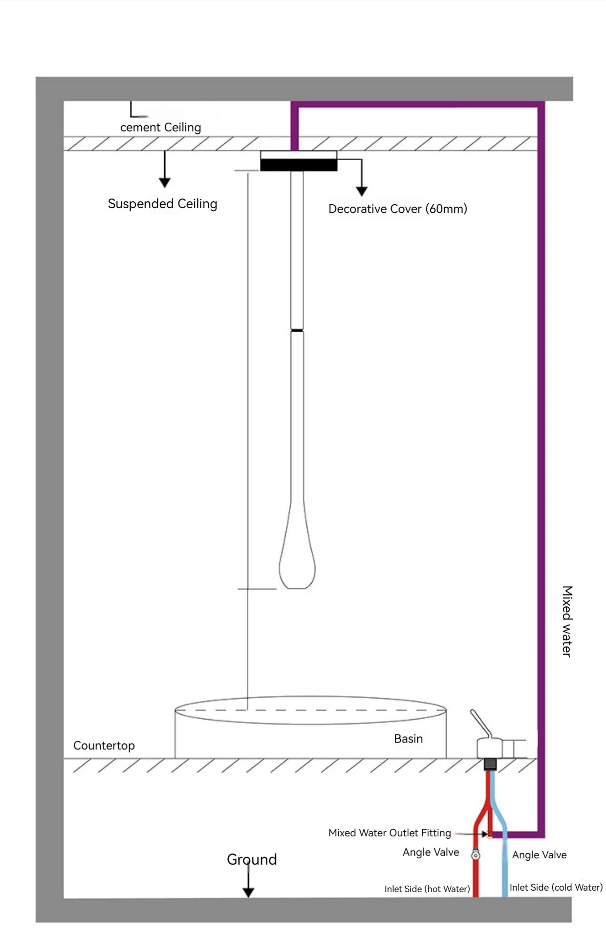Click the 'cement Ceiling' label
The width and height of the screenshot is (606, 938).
(160, 128)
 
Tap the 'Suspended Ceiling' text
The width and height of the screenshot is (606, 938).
(162, 204)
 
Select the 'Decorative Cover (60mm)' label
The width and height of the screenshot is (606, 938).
(397, 209)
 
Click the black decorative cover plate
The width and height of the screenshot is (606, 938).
(298, 165)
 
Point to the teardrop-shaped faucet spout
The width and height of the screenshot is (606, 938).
(297, 562)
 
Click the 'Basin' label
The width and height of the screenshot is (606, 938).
(408, 739)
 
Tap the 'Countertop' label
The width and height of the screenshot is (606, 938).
(104, 746)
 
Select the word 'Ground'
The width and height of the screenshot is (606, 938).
(252, 859)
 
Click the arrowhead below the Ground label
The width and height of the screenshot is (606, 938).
(248, 892)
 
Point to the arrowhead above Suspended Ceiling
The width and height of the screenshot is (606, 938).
(165, 183)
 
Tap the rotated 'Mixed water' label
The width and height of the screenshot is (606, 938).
(566, 621)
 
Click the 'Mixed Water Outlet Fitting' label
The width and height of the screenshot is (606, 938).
(390, 833)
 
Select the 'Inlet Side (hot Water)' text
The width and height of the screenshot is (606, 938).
(427, 889)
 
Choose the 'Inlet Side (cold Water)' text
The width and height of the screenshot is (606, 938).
(556, 887)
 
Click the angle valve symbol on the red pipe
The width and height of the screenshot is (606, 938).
(476, 855)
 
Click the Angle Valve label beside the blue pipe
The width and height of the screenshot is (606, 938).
(539, 855)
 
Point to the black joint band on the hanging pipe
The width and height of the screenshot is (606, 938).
(297, 331)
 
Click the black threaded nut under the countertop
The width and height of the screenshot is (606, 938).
(490, 764)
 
